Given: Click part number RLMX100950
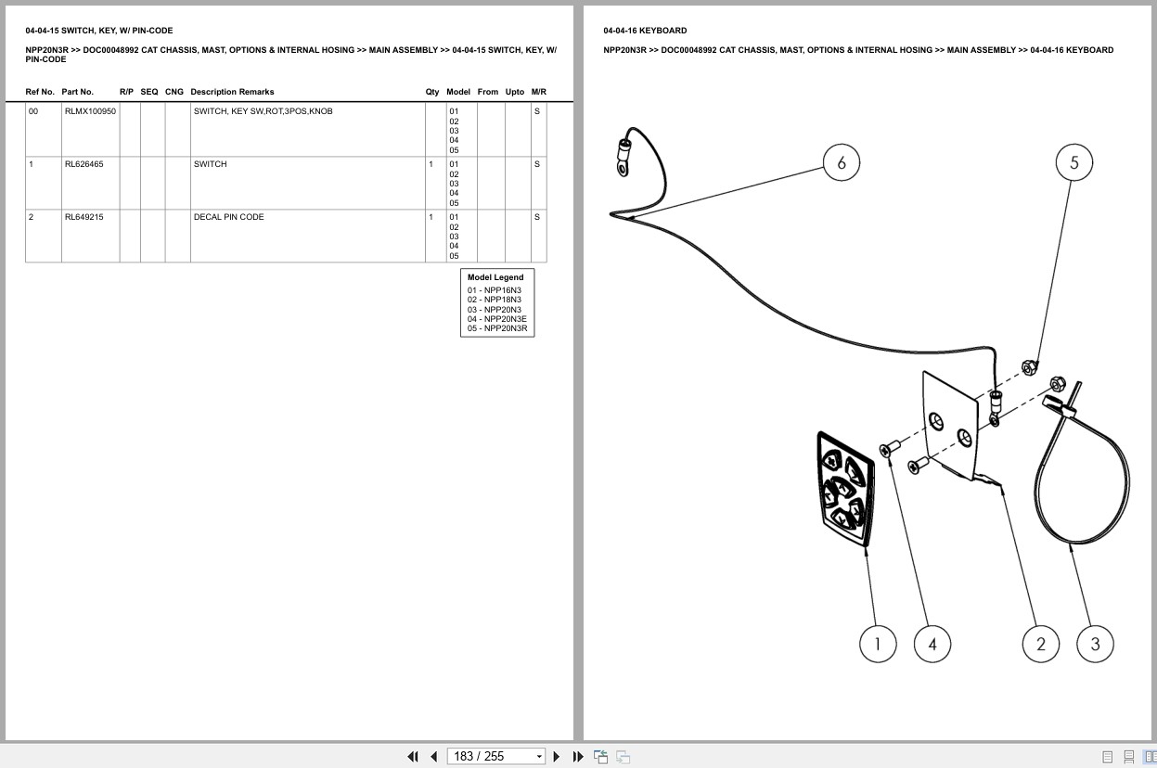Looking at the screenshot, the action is coord(90,111).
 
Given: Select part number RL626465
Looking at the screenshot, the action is coord(84,164).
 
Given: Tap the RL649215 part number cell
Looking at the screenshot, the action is coord(84,217).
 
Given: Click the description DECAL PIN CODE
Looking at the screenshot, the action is coord(228,217).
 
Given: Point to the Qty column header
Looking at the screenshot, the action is coord(431,92).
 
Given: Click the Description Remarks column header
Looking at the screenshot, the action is coord(232,92).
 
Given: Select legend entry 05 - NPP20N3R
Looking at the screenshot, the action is coord(497,328).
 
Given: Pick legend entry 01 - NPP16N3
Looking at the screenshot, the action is coord(495,290).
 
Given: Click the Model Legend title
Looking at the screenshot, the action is coord(495,277).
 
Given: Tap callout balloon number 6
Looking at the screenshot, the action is coord(841,162).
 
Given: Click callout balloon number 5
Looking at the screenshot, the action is coord(1073,162).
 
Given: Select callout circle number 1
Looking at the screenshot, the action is coord(878,644).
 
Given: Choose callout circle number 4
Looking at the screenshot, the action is coord(932,644).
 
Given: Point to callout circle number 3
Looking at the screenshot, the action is coord(1095,644).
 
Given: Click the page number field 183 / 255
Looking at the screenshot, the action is coord(495,756).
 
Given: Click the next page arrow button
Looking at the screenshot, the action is coord(557,757).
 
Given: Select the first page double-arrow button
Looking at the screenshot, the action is coord(413,757).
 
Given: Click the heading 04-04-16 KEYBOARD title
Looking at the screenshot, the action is coord(645,31).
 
